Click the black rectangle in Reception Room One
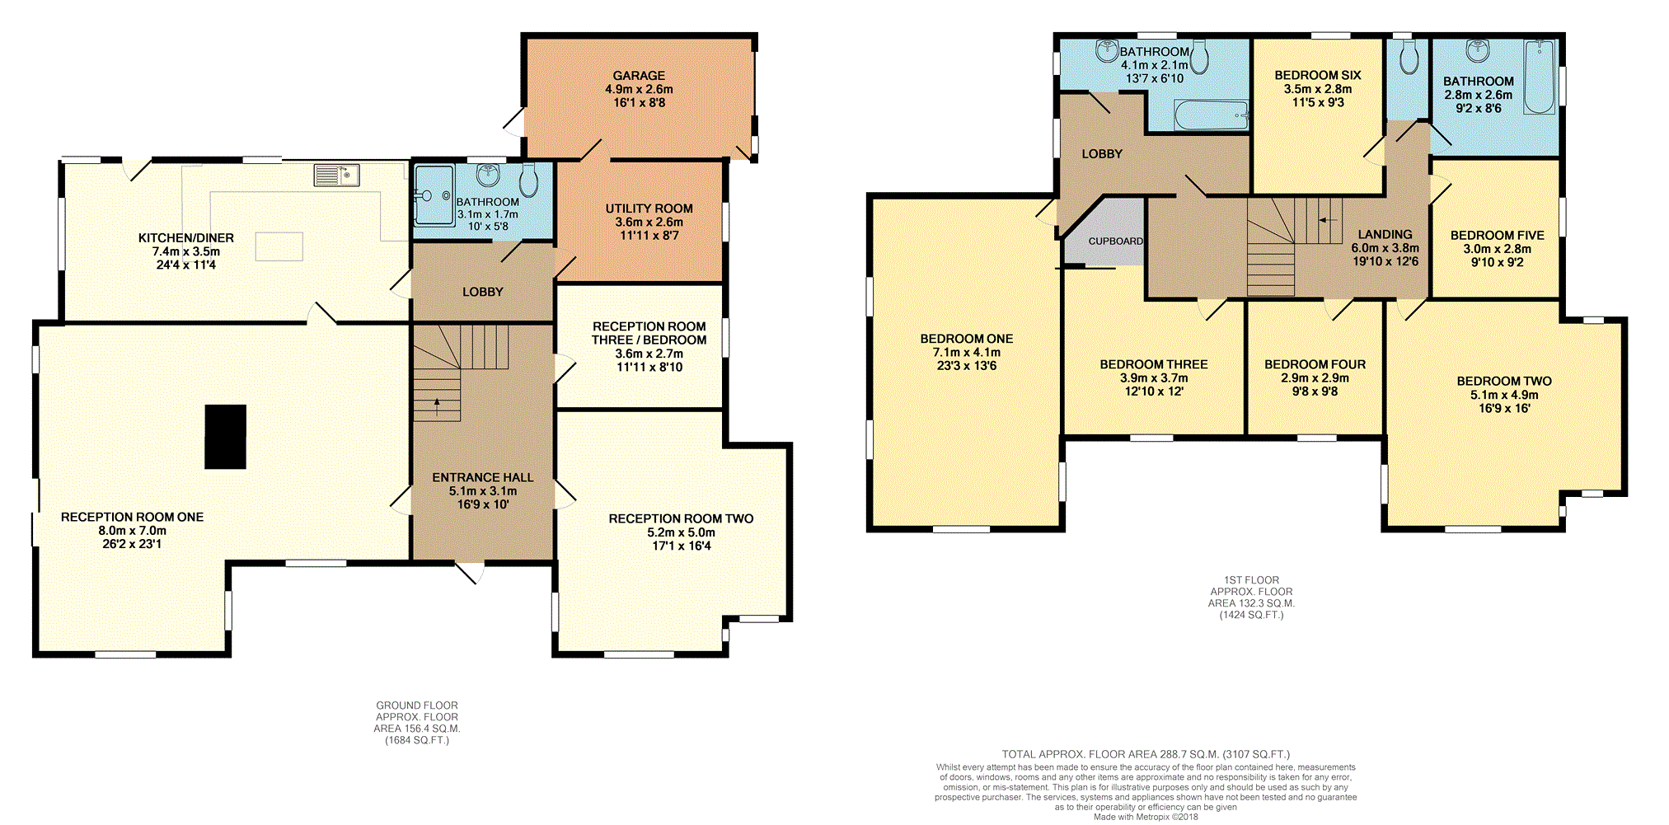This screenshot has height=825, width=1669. click(x=225, y=437)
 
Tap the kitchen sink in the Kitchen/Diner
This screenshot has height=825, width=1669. click(x=336, y=176)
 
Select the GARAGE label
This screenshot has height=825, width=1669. click(x=639, y=75)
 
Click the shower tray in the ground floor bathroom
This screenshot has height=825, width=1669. click(x=434, y=195)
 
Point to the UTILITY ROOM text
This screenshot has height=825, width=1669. click(x=649, y=209)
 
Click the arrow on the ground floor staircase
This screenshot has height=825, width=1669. click(x=437, y=404)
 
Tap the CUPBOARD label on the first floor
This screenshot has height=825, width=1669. click(x=1115, y=241)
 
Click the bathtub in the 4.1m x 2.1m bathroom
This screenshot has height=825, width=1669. click(x=1212, y=115)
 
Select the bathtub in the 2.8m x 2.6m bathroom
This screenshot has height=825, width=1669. click(x=1539, y=77)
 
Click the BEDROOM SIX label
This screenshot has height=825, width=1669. click(x=1318, y=75)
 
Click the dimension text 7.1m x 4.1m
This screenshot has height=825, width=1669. click(x=967, y=352)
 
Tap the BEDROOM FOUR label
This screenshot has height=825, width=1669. click(x=1315, y=364)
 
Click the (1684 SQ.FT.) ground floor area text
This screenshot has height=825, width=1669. click(x=417, y=740)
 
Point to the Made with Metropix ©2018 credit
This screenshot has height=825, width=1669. click(x=1146, y=817)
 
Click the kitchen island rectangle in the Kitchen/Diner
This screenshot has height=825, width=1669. click(x=279, y=246)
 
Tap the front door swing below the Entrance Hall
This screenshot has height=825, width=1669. click(x=470, y=571)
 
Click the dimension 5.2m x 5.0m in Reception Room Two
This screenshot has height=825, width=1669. click(x=681, y=532)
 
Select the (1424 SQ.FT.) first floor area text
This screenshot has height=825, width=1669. click(x=1251, y=615)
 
